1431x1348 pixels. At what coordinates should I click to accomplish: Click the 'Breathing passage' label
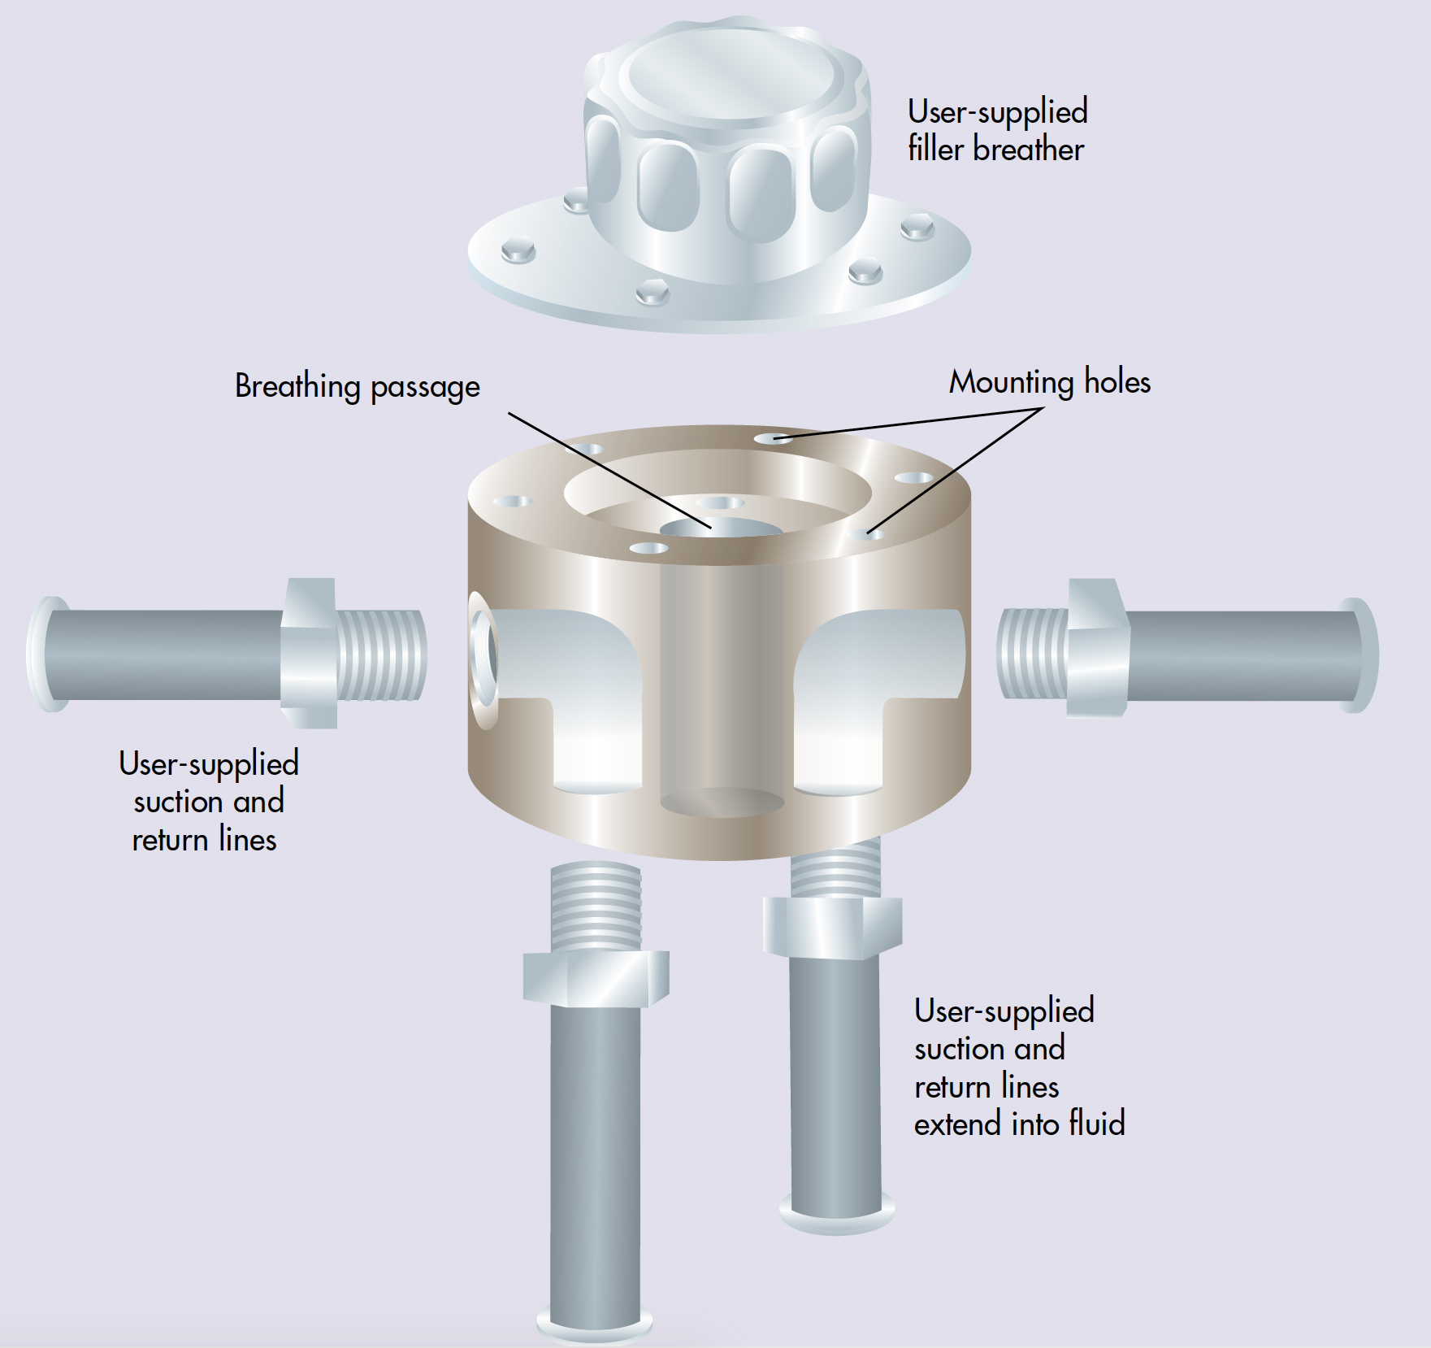tap(357, 386)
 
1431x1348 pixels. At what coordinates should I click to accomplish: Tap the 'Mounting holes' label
tap(1049, 382)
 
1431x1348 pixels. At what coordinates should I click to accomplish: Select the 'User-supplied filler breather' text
tap(997, 131)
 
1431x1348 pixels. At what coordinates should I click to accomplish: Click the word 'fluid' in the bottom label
tap(1096, 1124)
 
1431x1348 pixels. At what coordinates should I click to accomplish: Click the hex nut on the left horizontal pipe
tap(310, 653)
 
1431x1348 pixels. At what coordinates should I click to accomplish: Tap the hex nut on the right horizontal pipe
tap(1097, 649)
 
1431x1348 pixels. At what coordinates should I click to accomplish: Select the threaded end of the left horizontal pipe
tap(381, 654)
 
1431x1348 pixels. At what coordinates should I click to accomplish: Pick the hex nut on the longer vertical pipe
tap(596, 977)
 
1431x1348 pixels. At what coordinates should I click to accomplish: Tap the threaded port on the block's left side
tap(484, 659)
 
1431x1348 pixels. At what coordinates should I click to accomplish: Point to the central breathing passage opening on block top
tap(720, 529)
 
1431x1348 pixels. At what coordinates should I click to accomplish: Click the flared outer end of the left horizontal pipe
tap(47, 654)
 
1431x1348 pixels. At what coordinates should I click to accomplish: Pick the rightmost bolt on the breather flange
tap(917, 227)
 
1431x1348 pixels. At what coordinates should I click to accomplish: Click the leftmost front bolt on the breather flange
tap(518, 250)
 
